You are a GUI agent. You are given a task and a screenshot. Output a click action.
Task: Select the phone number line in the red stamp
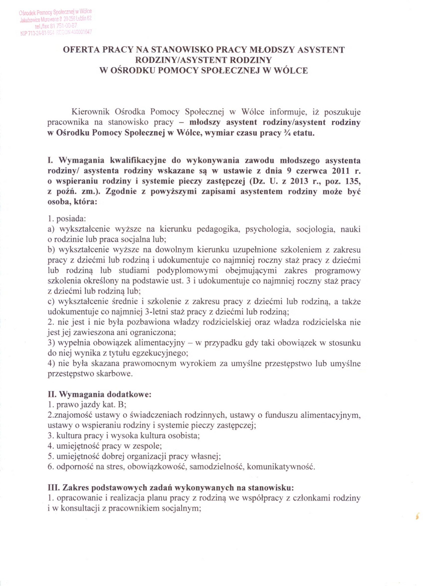54,26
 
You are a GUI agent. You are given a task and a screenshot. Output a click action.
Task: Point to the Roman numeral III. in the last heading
54,488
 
